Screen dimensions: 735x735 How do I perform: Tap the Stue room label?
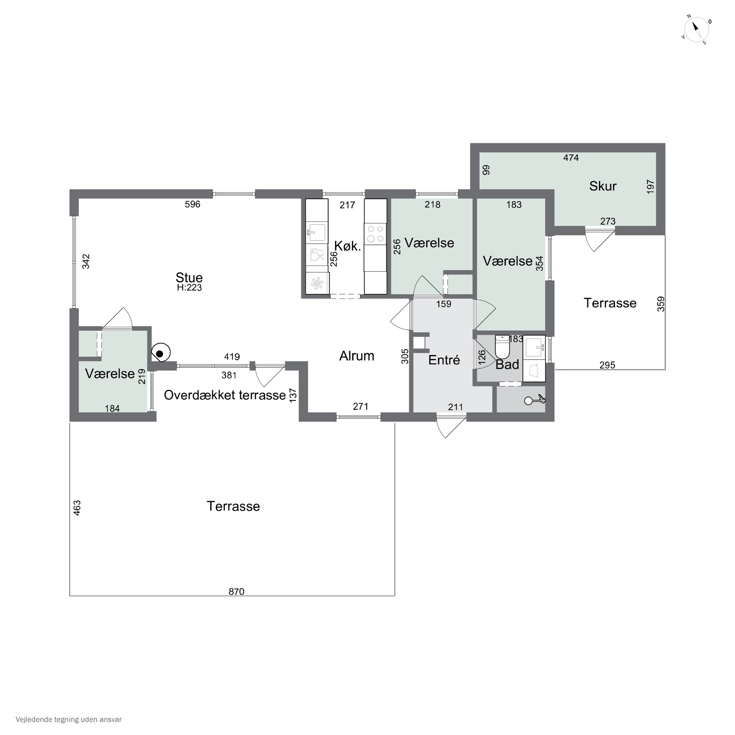189,277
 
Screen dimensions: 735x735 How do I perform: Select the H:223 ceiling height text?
189,288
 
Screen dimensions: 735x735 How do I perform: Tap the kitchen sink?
317,233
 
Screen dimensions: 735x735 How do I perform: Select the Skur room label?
603,186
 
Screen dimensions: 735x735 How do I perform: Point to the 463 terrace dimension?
77,508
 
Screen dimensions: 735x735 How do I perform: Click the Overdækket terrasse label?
225,395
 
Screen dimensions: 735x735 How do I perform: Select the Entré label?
444,360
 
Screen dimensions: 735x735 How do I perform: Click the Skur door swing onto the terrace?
600,239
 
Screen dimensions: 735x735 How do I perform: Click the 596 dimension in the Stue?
193,204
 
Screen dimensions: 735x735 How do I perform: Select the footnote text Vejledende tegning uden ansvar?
69,719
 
